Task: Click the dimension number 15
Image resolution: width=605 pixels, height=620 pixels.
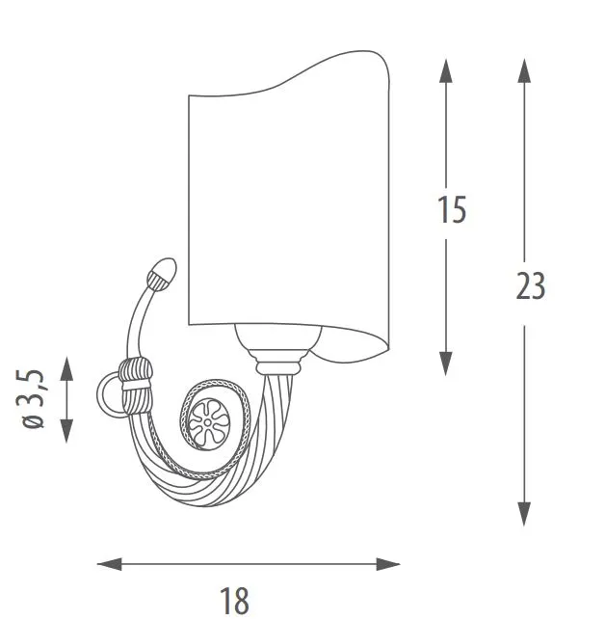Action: pyautogui.click(x=452, y=209)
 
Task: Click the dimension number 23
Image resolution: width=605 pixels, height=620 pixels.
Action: pyautogui.click(x=530, y=285)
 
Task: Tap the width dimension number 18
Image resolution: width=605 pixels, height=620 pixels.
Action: pyautogui.click(x=234, y=600)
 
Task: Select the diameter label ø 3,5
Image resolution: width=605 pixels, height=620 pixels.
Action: pyautogui.click(x=31, y=399)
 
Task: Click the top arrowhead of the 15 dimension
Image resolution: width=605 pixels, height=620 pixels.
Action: pyautogui.click(x=445, y=71)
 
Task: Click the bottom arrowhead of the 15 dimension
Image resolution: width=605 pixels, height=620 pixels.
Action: pyautogui.click(x=445, y=363)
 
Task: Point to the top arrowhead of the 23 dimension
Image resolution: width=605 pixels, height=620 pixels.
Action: pyautogui.click(x=524, y=70)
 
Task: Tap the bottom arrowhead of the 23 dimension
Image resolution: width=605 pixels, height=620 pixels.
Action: pyautogui.click(x=524, y=514)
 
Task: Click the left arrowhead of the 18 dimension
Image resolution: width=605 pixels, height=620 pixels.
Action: pyautogui.click(x=110, y=564)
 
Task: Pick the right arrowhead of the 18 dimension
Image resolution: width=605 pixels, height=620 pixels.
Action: pyautogui.click(x=388, y=564)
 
